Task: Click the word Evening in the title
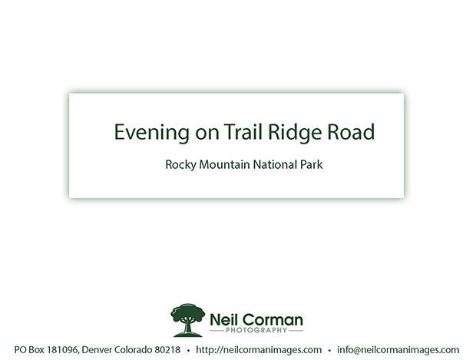tap(151, 133)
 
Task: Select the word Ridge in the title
tap(295, 133)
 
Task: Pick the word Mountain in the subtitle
tap(224, 164)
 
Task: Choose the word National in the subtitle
tap(275, 164)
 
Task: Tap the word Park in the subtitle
tap(312, 164)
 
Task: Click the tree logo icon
tap(187, 320)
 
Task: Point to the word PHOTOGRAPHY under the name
tap(256, 330)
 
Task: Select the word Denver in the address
tap(97, 350)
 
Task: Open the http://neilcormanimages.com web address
tap(259, 350)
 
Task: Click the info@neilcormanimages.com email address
tap(398, 350)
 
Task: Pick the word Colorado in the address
tap(134, 350)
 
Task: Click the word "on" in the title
tap(207, 134)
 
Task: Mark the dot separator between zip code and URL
tap(189, 351)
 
